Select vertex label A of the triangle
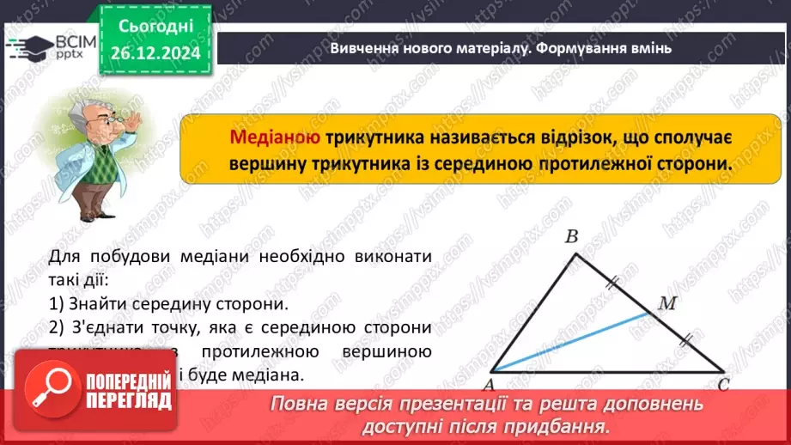tap(495, 384)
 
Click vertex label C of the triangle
tap(723, 385)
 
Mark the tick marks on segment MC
tap(685, 341)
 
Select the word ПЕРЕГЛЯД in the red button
tap(130, 401)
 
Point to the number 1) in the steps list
tap(57, 303)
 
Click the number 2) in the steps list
tap(57, 327)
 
